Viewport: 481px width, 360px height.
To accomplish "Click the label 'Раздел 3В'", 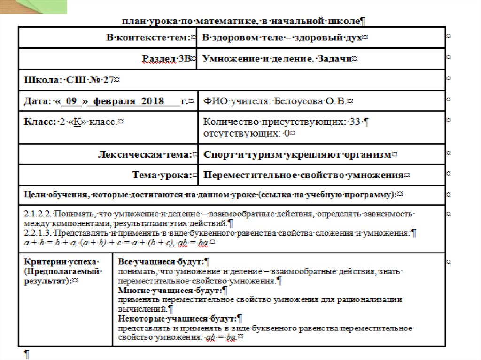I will tap(166, 59).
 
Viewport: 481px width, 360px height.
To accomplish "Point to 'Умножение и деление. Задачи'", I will tap(277, 59).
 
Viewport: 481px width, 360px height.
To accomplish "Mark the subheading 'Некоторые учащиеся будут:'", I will tap(178, 319).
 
